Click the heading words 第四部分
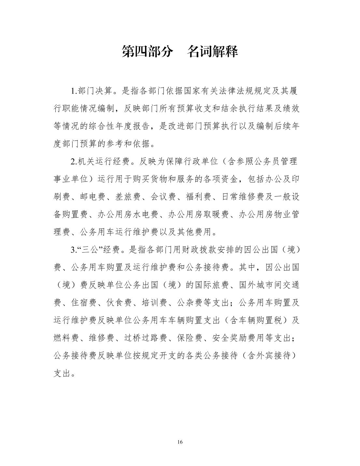[147, 51]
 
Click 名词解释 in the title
[212, 51]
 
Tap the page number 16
[180, 442]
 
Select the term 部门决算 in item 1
[94, 91]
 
